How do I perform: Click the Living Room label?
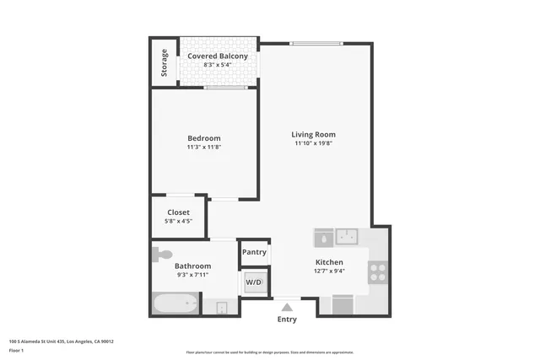[313, 134]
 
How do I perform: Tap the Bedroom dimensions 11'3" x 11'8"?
[204, 148]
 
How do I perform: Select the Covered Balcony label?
[218, 56]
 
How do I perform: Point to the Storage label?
[164, 63]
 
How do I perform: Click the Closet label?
[178, 212]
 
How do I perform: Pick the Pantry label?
[254, 251]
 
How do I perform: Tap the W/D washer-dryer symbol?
[254, 282]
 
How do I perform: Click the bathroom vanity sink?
[221, 306]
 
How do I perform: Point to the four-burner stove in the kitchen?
[377, 271]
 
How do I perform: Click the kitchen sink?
[347, 234]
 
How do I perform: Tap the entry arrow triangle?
[287, 307]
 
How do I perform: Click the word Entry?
[287, 320]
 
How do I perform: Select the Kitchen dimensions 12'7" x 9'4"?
[328, 271]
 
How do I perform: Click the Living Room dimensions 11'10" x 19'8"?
[313, 143]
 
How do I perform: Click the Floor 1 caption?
[17, 350]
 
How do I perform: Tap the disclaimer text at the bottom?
[269, 352]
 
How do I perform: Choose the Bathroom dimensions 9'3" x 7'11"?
[192, 275]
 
